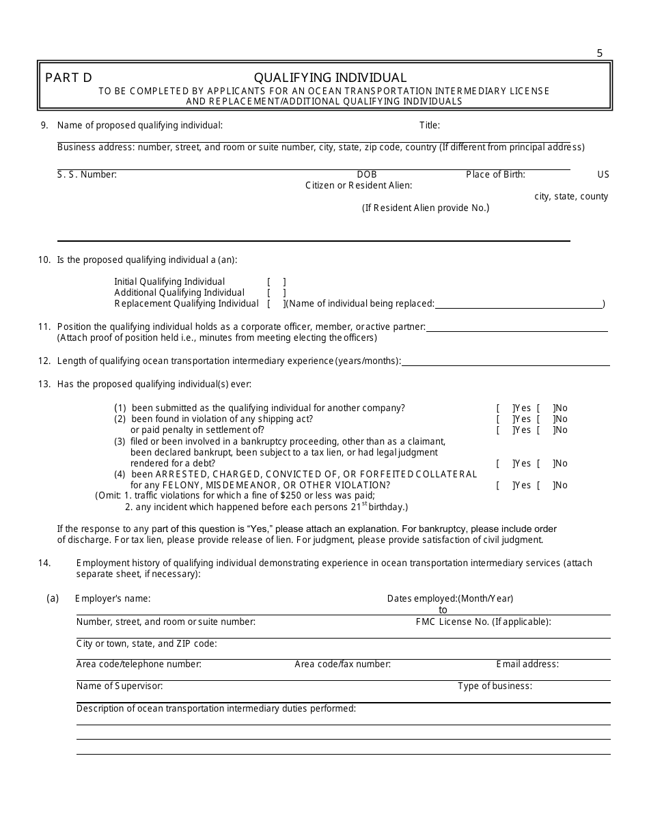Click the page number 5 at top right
point(600,53)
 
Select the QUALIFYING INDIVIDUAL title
point(330,78)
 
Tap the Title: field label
point(429,125)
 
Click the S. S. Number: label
point(87,174)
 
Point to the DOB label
point(366,174)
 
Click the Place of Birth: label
point(495,174)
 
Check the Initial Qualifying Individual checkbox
point(276,281)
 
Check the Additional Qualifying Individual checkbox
point(276,292)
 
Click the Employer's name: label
point(113,598)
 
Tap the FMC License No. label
point(483,621)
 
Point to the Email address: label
point(527,664)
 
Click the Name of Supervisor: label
point(120,686)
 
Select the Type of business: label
point(495,686)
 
